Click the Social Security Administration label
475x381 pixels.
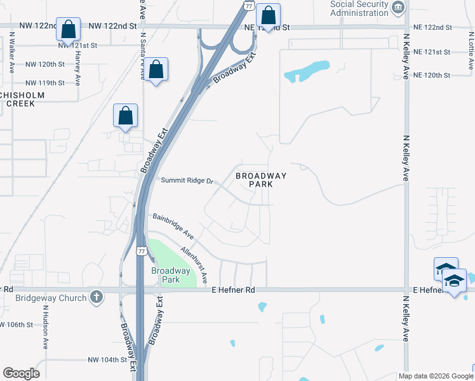(359, 9)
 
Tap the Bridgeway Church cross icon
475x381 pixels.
(96, 297)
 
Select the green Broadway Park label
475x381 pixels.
(171, 275)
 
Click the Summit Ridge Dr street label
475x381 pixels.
(186, 180)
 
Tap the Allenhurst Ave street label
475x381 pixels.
(194, 265)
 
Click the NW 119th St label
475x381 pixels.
(45, 83)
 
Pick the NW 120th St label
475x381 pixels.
(45, 65)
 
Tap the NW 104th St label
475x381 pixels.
(107, 359)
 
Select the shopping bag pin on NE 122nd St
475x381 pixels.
(269, 16)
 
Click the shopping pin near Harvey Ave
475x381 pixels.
(68, 30)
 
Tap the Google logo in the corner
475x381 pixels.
(21, 373)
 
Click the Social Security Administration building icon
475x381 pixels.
(398, 8)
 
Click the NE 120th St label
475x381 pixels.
(431, 75)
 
